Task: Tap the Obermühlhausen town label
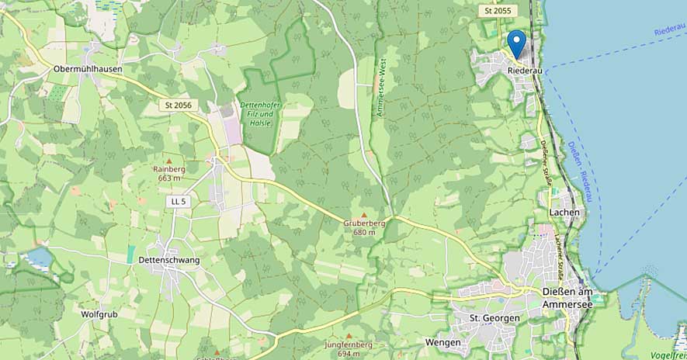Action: [x=88, y=69]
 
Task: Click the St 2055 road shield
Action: [x=498, y=11]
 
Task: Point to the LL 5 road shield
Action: [x=179, y=202]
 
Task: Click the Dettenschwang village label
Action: [x=168, y=261]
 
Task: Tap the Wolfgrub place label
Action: [x=99, y=315]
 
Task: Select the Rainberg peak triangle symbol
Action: [x=168, y=161]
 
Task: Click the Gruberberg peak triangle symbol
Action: [x=364, y=214]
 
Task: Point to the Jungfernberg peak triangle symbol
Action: [x=349, y=336]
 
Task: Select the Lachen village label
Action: [x=564, y=212]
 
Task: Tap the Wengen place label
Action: [x=443, y=342]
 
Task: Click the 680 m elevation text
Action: [x=364, y=232]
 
